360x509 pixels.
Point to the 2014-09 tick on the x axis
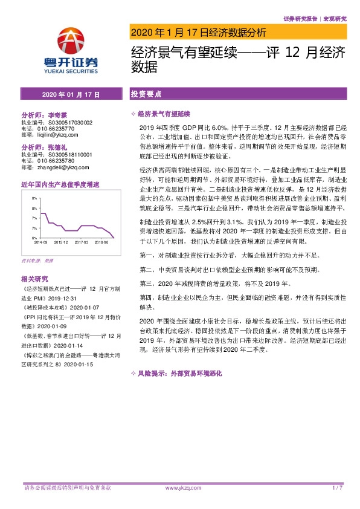pyautogui.click(x=41, y=242)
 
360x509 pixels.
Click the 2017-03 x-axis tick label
pyautogui.click(x=82, y=242)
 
